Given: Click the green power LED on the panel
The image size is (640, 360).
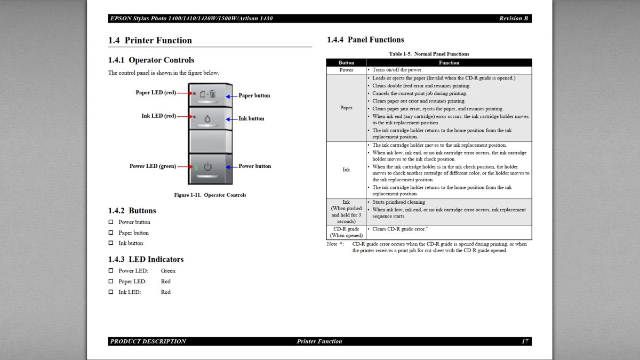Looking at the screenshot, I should click(x=196, y=167).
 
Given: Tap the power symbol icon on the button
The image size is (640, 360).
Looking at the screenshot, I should click(x=207, y=167).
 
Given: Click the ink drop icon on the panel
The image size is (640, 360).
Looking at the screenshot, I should click(x=207, y=119).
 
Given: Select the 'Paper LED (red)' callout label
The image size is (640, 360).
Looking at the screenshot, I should click(x=156, y=92).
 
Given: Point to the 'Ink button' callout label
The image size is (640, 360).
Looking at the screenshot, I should click(x=251, y=118).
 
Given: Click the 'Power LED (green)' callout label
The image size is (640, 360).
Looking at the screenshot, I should click(x=153, y=166).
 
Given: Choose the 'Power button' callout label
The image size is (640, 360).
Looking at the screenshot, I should click(x=254, y=166).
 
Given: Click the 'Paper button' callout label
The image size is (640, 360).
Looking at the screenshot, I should click(x=254, y=95).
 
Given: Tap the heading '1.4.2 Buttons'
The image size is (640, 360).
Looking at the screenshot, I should click(x=132, y=211).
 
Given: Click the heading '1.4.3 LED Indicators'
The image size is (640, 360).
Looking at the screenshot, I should click(x=146, y=259).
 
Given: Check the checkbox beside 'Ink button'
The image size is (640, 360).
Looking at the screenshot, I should click(x=111, y=243).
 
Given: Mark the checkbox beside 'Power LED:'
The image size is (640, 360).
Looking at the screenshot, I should click(x=111, y=270).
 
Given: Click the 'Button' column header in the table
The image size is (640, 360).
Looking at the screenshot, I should click(x=346, y=62).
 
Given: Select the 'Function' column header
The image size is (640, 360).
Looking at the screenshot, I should click(x=449, y=62).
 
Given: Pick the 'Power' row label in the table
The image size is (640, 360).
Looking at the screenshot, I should click(x=346, y=70).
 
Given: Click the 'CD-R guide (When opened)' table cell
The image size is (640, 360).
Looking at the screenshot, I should click(x=346, y=232).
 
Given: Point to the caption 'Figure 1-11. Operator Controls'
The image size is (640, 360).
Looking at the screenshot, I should click(x=210, y=195).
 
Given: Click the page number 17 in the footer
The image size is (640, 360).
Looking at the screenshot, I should click(x=524, y=341).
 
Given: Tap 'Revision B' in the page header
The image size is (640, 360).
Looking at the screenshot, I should click(x=513, y=18).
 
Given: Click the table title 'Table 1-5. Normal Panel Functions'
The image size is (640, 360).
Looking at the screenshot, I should click(x=429, y=54).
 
